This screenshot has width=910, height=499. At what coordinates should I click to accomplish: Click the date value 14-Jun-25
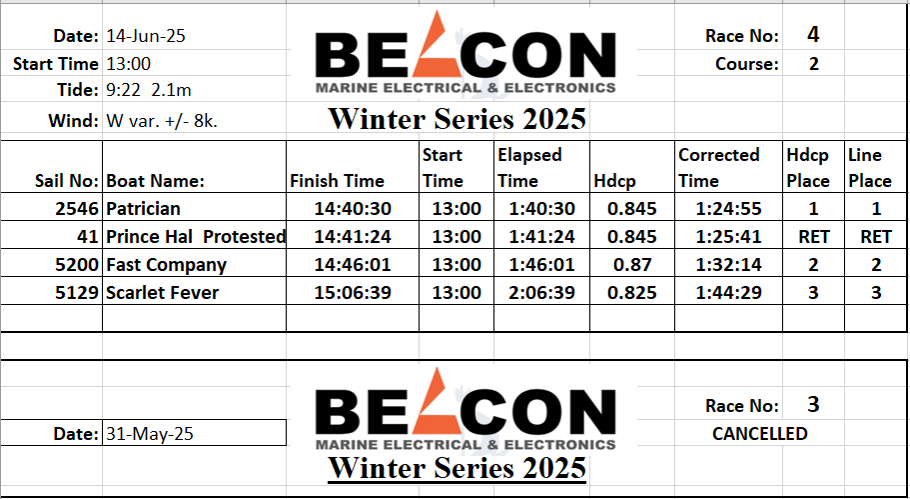[146, 37]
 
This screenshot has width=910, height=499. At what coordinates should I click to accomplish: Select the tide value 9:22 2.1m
[149, 91]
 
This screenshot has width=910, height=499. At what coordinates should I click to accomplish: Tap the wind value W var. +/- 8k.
[162, 121]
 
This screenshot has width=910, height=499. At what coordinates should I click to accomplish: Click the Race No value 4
[813, 35]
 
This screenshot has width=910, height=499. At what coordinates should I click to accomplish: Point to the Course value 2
[814, 64]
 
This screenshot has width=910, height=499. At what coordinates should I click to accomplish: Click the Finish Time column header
[338, 181]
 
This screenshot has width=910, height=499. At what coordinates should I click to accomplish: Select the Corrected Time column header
[719, 168]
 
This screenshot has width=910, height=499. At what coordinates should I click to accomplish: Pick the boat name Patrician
[143, 209]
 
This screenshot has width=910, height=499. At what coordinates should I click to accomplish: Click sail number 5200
[77, 265]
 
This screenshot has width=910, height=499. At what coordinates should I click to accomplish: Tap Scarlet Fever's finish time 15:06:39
[353, 293]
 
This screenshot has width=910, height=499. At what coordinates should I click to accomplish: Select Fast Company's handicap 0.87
[632, 265]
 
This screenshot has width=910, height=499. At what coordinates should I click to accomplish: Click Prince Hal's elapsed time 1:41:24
[542, 237]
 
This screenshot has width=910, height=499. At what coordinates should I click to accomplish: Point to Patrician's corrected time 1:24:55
[728, 209]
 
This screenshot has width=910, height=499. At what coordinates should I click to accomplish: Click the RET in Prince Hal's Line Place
[876, 237]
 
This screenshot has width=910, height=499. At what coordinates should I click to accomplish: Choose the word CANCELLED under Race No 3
[760, 434]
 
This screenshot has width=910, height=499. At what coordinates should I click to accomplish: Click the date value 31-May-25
[150, 434]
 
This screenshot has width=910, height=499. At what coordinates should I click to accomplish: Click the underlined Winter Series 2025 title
[457, 468]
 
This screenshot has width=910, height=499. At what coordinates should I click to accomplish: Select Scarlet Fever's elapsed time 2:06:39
[542, 293]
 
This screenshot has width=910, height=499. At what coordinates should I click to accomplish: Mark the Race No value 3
[813, 404]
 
